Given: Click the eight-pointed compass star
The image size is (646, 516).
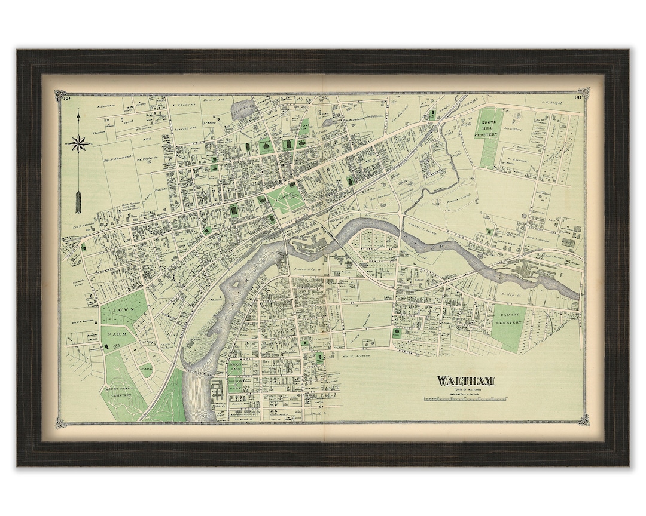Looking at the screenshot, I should [79, 143].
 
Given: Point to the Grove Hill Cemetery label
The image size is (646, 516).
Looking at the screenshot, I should [495, 129].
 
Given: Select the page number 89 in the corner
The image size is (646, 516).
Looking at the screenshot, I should [66, 98].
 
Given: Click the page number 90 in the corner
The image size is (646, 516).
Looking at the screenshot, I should [577, 97].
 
